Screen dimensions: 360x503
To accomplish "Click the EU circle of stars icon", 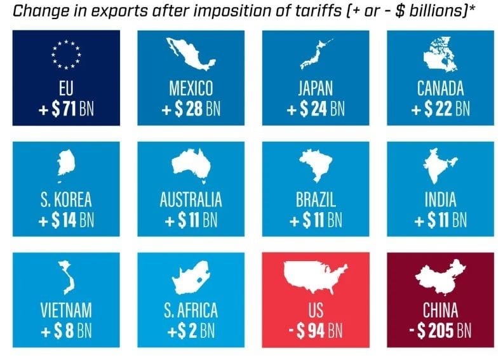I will click(x=65, y=55).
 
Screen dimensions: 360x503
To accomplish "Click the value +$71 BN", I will click(x=66, y=109).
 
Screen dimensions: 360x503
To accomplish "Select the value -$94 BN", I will click(x=316, y=331).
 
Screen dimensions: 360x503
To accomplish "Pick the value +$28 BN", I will click(x=191, y=109).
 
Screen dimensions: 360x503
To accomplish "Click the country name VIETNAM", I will click(x=66, y=310).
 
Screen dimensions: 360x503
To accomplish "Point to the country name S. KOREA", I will click(x=66, y=199).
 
